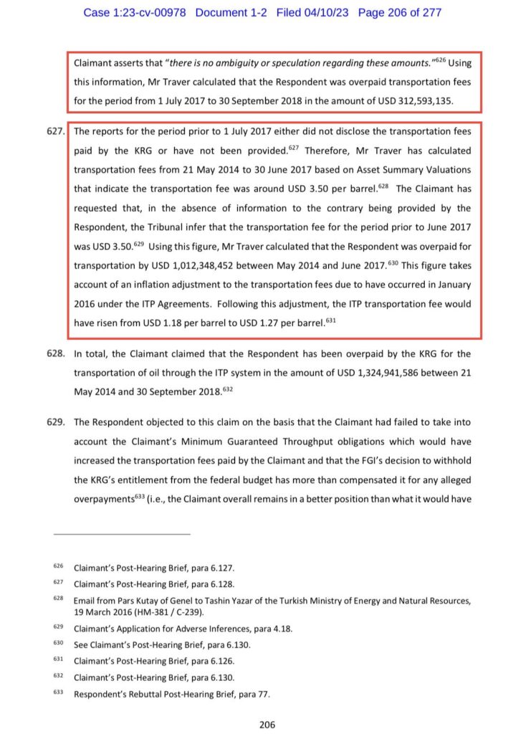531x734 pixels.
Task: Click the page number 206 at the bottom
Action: point(267,725)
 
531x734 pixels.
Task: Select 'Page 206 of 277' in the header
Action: point(400,13)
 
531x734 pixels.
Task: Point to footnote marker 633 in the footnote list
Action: point(58,693)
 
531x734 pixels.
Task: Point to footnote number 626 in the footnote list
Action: point(58,567)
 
